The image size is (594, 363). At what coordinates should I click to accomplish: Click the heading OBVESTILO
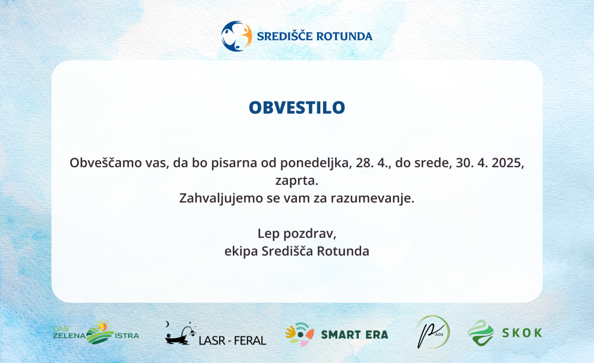297,107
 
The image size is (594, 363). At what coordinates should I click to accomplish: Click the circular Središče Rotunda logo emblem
236,36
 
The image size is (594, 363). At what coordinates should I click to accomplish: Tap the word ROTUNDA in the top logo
344,36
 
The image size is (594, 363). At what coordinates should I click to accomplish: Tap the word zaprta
297,181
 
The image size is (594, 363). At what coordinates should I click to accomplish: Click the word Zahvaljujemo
221,198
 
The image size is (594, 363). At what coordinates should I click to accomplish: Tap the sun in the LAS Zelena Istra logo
102,326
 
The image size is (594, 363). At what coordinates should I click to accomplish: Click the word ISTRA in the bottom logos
127,336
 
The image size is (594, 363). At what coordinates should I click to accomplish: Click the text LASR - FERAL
232,340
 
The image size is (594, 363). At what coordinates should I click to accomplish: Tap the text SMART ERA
355,335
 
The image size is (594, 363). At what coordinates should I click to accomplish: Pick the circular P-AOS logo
432,332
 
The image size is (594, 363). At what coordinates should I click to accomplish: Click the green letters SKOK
522,333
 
